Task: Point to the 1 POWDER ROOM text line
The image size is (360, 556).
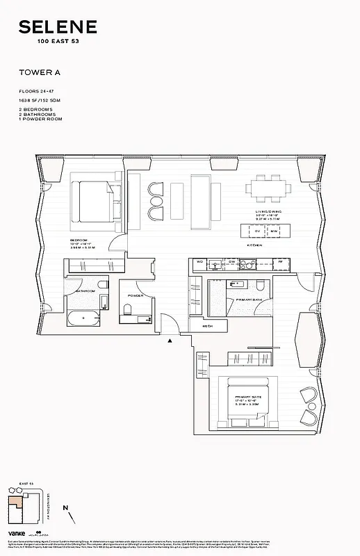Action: (40, 120)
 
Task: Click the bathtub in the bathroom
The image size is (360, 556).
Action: (83, 320)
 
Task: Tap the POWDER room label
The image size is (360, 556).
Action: (135, 295)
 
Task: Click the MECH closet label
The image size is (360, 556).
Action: (207, 326)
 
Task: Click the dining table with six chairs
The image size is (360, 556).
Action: (267, 188)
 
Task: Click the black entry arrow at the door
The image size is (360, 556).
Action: (168, 341)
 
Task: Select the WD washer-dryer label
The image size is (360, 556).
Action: (199, 262)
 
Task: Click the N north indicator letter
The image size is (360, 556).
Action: (64, 508)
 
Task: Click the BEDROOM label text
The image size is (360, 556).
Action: (78, 240)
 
